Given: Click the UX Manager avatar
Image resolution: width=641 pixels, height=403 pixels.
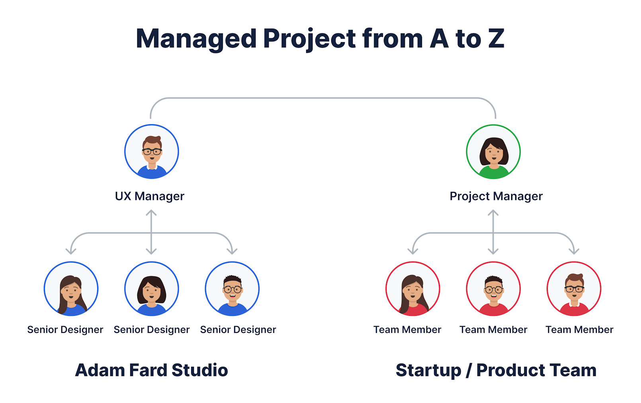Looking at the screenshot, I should tap(151, 152).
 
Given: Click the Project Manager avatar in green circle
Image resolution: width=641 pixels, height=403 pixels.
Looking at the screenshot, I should tap(493, 152).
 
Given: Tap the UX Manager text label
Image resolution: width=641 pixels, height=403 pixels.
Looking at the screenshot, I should tap(149, 196).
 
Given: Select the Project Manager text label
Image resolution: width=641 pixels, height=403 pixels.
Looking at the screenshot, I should tap(496, 196).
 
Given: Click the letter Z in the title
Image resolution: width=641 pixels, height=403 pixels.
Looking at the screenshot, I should tap(496, 39).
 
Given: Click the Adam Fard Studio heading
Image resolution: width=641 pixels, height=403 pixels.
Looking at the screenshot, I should tap(151, 370).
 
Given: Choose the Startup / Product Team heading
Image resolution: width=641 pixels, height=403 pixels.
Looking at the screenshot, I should tap(496, 370).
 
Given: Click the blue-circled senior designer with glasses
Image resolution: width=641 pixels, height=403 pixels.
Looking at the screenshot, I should tap(232, 289).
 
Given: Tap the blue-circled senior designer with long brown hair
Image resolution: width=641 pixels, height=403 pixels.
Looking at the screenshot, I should tap(71, 289).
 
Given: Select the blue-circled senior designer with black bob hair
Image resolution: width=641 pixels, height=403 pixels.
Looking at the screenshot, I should tap(151, 289).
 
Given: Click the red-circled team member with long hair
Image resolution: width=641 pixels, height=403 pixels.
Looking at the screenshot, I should tap(412, 289).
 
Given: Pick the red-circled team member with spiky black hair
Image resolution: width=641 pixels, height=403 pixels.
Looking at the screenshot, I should tap(493, 289).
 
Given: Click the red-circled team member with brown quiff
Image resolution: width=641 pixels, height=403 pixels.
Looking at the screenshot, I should tap(574, 289).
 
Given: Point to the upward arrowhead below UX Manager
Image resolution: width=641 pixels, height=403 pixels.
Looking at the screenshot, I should tap(151, 213).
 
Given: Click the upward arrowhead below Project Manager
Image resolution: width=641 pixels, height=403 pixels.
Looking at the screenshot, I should tap(493, 213).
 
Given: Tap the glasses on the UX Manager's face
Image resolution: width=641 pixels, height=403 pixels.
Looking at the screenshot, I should tap(152, 151).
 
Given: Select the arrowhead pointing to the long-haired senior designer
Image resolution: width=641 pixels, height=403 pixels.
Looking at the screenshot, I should tap(71, 251).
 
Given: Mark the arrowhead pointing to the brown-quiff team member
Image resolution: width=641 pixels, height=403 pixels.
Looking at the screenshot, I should tap(574, 251).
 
